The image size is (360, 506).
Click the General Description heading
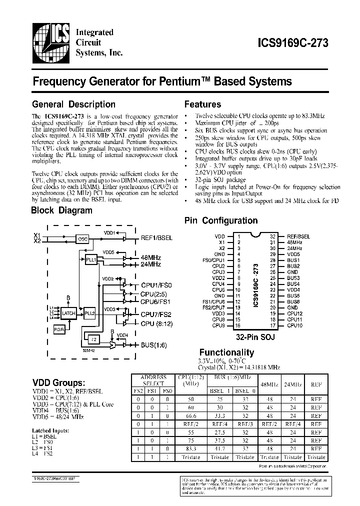pos(73,104)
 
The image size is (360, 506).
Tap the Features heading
pos(202,104)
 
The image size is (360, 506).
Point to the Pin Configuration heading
pos(221,220)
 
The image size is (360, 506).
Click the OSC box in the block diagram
pos(83,239)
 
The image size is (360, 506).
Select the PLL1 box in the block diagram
pos(90,260)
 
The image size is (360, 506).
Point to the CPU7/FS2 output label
pos(156,314)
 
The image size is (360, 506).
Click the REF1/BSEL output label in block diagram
pos(157,238)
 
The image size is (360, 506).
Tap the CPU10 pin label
pos(294,325)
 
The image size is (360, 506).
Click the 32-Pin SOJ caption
pos(256,337)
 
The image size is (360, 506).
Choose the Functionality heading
pos(226,352)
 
